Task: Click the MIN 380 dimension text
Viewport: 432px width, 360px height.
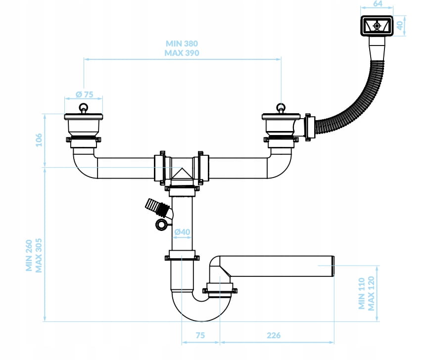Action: coord(182,44)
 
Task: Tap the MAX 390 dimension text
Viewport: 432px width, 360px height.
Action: coord(182,53)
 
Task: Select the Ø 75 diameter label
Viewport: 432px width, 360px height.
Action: coord(84,94)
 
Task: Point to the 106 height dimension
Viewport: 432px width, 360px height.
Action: coord(39,140)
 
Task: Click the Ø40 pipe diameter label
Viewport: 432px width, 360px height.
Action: coord(182,232)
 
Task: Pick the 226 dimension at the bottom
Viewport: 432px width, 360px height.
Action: coord(274,335)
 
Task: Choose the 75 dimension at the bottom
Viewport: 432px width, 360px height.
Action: coord(200,335)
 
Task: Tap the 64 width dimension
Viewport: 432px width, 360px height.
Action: coord(378,3)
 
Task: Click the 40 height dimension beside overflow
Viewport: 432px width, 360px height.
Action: coord(400,25)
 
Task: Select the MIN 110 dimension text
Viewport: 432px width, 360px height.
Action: coord(361,293)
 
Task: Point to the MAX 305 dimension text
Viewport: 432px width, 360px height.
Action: coord(39,256)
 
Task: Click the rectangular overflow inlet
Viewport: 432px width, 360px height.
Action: coord(377,26)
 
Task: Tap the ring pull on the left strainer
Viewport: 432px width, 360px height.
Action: coord(83,108)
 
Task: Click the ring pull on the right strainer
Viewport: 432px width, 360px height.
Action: coord(281,108)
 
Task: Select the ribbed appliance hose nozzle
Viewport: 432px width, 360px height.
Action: coord(156,208)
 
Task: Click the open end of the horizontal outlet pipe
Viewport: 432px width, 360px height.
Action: coord(333,266)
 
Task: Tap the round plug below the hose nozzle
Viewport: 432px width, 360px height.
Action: coord(161,225)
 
